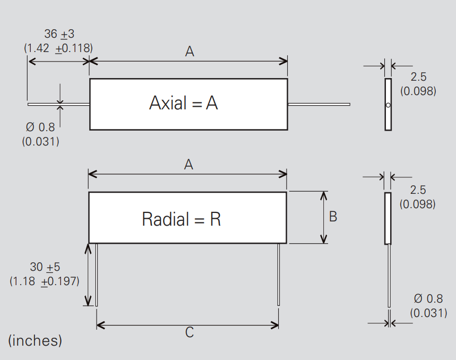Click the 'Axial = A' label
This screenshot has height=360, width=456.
(x=183, y=103)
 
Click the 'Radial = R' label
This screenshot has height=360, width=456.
(x=181, y=219)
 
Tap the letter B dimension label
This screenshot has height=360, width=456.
(x=333, y=217)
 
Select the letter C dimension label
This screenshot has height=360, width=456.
(x=189, y=333)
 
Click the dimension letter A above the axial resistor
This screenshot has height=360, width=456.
(x=190, y=52)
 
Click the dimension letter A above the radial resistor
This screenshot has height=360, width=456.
(x=188, y=165)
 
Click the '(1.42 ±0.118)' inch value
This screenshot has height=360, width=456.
(x=58, y=47)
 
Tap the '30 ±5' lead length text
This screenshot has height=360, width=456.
(x=45, y=267)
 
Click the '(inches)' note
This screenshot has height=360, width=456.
(x=35, y=340)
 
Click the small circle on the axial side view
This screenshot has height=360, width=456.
(x=388, y=105)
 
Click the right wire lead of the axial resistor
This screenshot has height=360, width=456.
(x=319, y=104)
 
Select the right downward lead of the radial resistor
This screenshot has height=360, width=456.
(x=279, y=274)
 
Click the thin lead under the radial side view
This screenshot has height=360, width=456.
(x=389, y=276)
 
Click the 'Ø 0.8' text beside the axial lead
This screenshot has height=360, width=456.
(x=40, y=127)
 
